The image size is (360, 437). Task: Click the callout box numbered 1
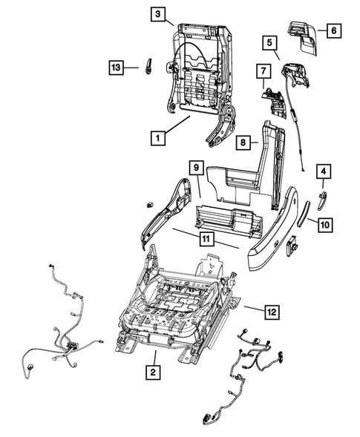click(157, 137)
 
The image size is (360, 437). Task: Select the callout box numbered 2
click(151, 372)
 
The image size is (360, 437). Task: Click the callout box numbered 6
click(333, 30)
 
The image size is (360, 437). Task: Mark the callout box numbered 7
click(261, 73)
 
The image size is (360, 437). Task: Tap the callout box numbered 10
click(326, 222)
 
